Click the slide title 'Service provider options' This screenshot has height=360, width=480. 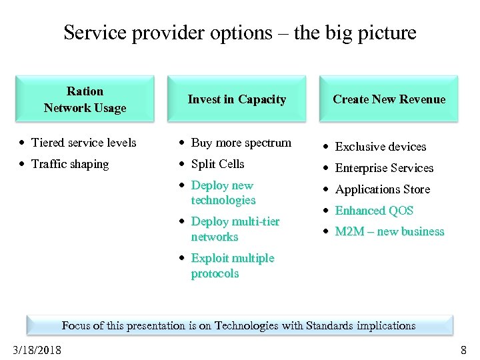click(240, 33)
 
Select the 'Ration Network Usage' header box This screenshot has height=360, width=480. click(85, 99)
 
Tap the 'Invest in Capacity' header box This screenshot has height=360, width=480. click(237, 99)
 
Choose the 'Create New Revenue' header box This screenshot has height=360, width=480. click(389, 99)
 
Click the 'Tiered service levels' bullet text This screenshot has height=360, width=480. click(83, 143)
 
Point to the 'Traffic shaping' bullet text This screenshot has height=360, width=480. click(69, 164)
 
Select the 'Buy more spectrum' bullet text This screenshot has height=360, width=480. click(241, 143)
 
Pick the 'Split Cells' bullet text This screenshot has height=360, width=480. click(217, 164)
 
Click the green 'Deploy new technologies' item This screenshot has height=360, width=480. click(223, 193)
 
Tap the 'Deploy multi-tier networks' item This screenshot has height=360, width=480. click(235, 229)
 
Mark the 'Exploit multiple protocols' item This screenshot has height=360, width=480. click(232, 265)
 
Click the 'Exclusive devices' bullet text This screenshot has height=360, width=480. click(380, 147)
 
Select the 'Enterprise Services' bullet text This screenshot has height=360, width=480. click(384, 168)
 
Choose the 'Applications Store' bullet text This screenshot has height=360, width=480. click(382, 189)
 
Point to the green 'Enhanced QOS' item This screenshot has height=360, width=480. click(374, 211)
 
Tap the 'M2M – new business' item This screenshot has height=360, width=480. click(389, 232)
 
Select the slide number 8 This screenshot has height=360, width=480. click(463, 350)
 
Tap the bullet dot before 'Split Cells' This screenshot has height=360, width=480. click(182, 165)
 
